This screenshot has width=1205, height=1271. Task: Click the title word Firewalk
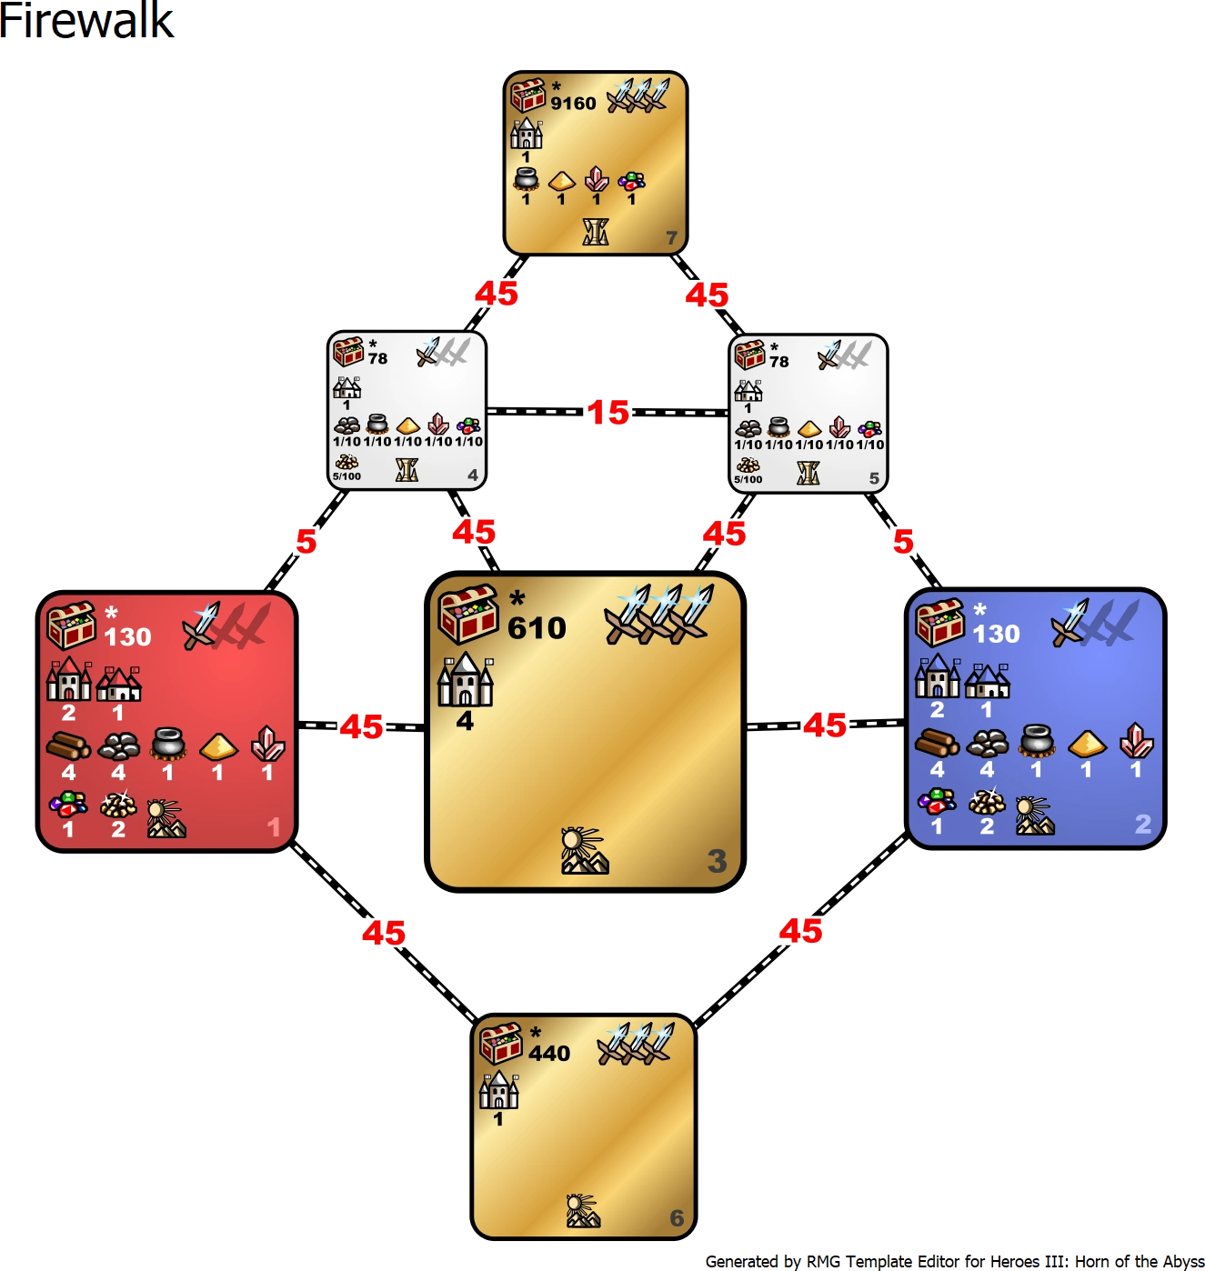point(86,22)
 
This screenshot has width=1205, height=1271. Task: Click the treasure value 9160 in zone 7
point(573,104)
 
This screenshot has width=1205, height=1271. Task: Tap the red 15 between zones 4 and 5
point(608,413)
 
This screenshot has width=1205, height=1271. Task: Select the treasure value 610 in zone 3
point(537,628)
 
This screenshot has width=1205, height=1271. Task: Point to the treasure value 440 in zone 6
point(549,1053)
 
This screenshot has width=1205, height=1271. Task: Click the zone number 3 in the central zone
point(717,860)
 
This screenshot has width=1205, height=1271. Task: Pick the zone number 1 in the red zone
point(274,826)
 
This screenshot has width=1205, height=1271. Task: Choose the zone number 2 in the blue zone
point(1143,824)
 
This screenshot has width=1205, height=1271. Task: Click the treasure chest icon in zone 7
point(527,95)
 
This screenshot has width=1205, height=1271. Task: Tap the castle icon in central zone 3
point(466,681)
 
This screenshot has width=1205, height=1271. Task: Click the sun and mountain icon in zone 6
point(583,1210)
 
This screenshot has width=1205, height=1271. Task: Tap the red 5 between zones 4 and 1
point(306,542)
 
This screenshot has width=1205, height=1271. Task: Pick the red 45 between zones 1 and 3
point(362,726)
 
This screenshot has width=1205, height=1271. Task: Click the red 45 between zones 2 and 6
point(800,931)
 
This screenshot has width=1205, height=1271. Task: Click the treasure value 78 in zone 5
point(779,361)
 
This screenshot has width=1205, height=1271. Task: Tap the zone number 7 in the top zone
point(671,238)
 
